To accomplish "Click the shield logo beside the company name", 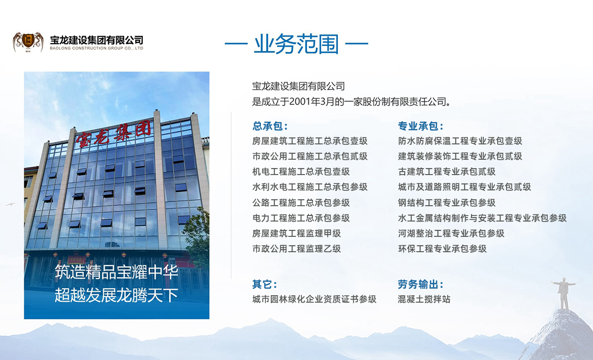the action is tap(28, 42).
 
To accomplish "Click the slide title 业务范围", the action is tap(296, 44).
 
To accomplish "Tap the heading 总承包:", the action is tap(270, 126).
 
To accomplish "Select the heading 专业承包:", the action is tap(421, 126).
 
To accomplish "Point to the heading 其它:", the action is tap(264, 284).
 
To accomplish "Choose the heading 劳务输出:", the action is tap(421, 284).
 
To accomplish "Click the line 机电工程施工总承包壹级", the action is tap(301, 172).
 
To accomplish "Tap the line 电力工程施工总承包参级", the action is tap(301, 218).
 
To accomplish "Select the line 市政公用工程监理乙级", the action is tap(296, 249).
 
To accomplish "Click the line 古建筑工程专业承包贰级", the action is tap(447, 172).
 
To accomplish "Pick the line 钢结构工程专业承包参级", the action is tap(447, 203).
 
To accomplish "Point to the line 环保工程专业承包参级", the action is tap(442, 249).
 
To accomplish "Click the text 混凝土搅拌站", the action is tap(424, 299).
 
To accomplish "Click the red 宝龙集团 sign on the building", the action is tap(113, 135).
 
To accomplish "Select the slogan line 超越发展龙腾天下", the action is tap(116, 296).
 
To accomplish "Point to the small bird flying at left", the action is tap(10, 204).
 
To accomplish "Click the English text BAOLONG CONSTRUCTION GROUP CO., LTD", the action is tap(97, 48).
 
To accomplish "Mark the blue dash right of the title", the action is tap(357, 44).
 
